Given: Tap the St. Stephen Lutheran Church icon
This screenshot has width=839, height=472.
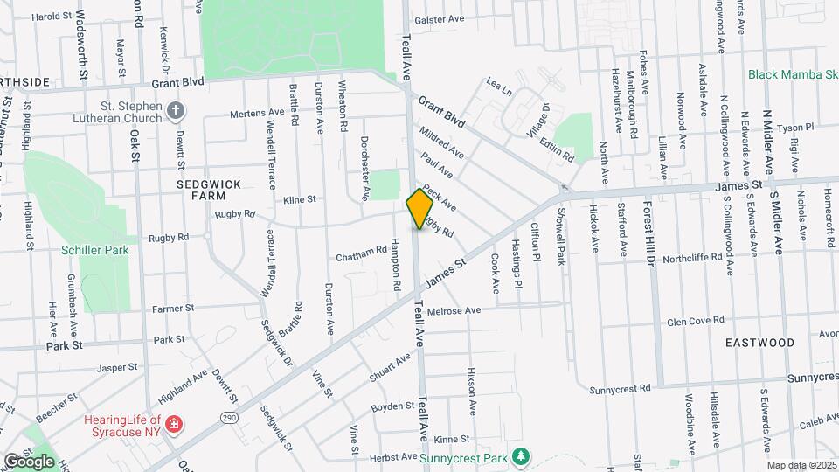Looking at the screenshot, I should point(177,110).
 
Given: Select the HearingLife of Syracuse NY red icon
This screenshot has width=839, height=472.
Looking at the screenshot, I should point(174,425).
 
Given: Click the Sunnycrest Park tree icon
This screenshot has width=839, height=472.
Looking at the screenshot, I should point(521,456).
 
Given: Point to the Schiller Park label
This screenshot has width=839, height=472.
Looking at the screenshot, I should point(95,250).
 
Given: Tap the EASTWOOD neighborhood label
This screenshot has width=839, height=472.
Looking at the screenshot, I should point(759,343).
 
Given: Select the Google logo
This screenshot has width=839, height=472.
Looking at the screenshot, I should point(29,461).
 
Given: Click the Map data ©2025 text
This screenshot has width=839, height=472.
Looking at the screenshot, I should point(801,465).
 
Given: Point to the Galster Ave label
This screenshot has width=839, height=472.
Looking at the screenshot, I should point(440,18).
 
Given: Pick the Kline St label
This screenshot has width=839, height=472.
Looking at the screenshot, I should point(299,199).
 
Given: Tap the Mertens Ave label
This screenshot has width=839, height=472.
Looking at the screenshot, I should point(257,113).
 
